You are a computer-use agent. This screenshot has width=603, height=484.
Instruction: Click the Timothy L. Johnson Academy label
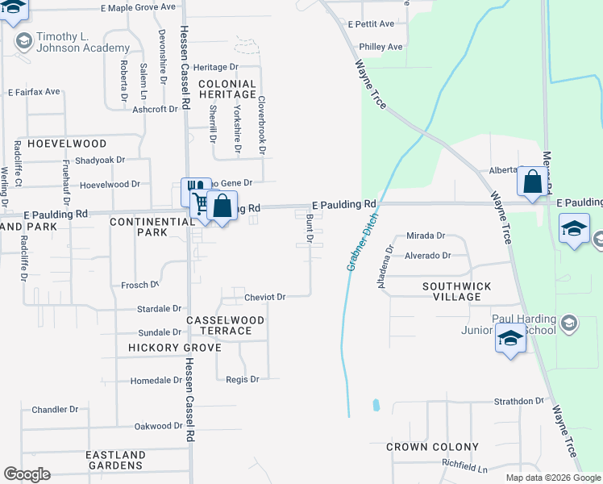point(73,43)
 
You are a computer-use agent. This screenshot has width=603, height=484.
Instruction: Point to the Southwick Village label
point(456,291)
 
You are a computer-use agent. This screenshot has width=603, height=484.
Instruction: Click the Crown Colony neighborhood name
point(432,447)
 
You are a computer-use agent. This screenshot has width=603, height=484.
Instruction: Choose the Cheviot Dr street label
point(265,297)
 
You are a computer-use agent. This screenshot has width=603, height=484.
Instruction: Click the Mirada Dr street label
point(426,236)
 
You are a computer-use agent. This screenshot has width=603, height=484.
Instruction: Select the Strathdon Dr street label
point(519,401)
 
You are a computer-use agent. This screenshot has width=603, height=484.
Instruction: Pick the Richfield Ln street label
point(464,467)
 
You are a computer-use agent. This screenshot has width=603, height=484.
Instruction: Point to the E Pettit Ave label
point(371,24)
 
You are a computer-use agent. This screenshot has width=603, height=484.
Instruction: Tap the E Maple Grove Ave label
point(138,6)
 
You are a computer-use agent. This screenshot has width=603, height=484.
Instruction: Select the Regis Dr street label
point(242,379)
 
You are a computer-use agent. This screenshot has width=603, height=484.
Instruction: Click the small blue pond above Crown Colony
point(376,404)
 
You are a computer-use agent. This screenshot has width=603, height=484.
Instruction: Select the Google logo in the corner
point(27,474)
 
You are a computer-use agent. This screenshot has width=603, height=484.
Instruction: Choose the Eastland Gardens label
point(115,460)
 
